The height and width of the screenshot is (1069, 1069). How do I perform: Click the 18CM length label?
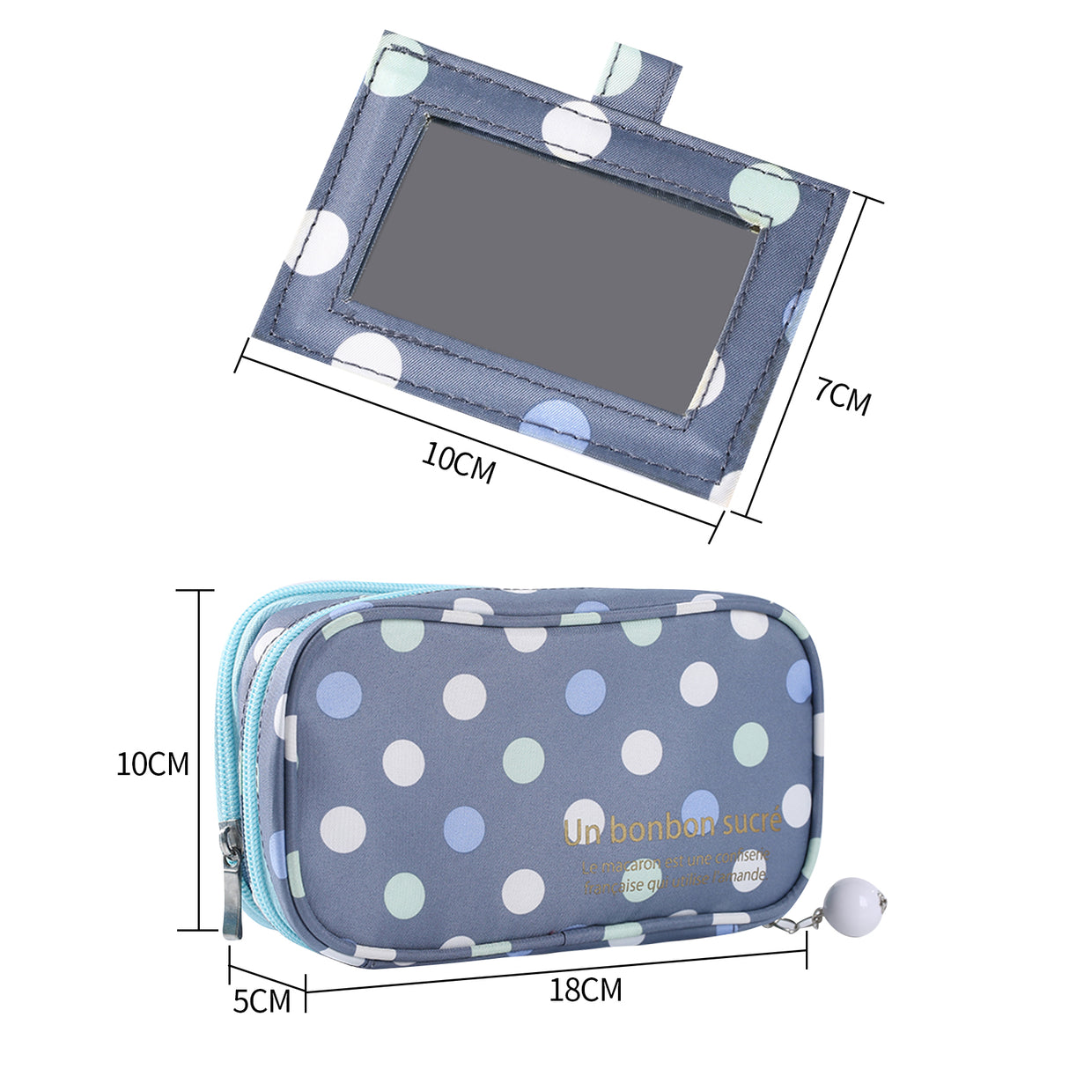pyautogui.click(x=586, y=990)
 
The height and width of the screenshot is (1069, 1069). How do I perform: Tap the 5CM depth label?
pyautogui.click(x=262, y=1000)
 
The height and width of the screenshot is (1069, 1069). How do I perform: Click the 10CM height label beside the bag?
pyautogui.click(x=153, y=763)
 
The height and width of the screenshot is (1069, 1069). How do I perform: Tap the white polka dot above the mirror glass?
pyautogui.click(x=577, y=129)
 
